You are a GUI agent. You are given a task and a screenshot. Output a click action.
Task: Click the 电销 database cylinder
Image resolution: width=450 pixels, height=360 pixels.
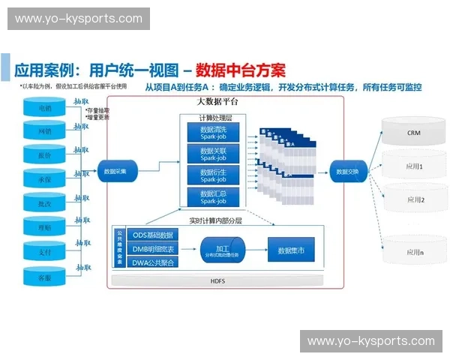point(45,109)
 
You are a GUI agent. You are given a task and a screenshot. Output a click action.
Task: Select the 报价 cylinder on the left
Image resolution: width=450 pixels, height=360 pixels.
point(45,156)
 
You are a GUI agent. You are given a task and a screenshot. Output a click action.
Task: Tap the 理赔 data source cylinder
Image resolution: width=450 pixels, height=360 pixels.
point(45,227)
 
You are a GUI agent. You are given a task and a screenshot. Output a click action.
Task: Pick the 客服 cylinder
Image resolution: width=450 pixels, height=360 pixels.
point(45,276)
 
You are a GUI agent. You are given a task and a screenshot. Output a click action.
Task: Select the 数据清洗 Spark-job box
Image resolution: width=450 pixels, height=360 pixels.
point(212,133)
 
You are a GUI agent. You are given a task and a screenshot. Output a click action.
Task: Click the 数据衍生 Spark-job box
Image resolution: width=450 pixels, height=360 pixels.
point(212,175)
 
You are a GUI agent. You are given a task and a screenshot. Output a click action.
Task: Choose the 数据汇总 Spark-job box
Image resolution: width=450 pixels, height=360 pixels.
point(212,197)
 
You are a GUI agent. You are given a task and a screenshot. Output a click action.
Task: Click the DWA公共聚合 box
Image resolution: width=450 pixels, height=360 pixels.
point(153,262)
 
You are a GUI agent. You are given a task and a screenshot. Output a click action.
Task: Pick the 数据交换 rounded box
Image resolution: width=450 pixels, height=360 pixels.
point(346,171)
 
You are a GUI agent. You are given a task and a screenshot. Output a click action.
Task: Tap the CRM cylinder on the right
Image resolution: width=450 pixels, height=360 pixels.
point(413,132)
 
